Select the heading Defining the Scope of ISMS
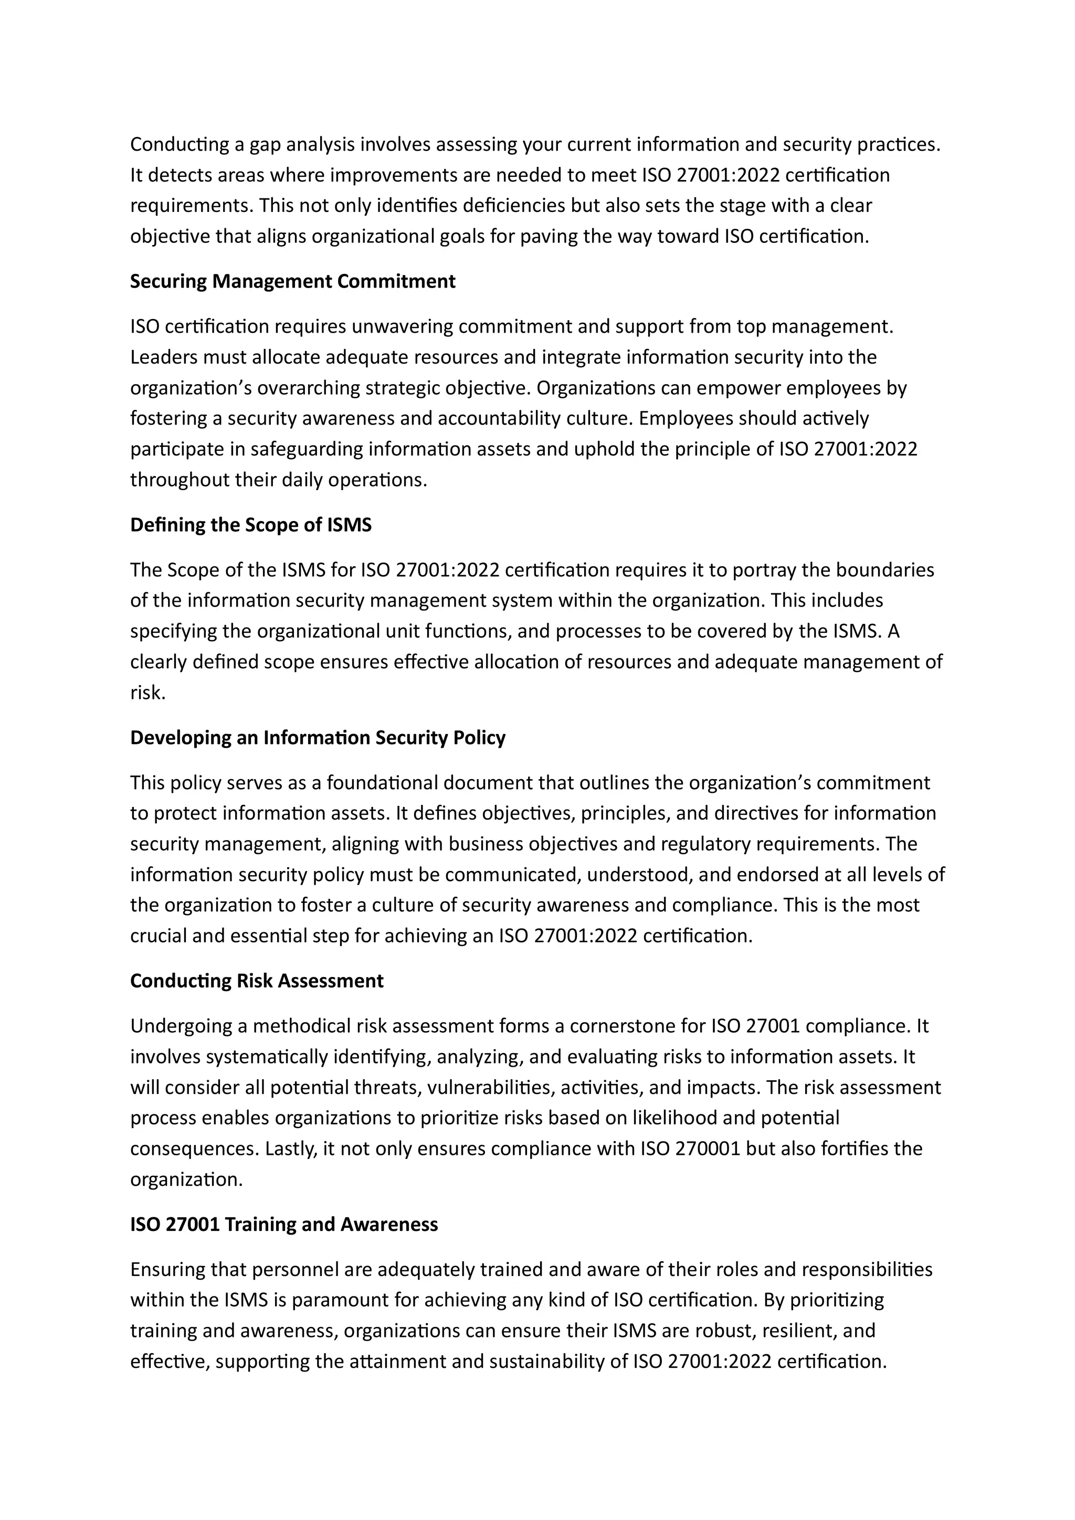click(250, 525)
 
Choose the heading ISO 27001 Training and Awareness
click(283, 1224)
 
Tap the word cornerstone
click(621, 1026)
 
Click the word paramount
click(340, 1300)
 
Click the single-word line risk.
click(147, 693)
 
